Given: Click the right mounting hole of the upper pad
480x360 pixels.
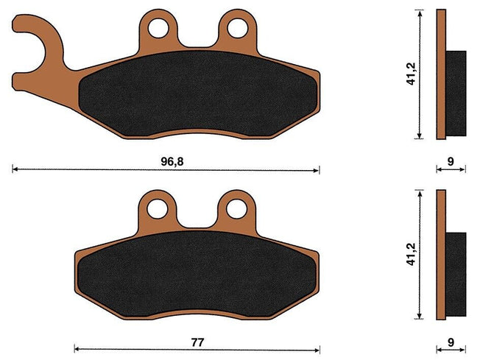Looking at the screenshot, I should coord(236,28).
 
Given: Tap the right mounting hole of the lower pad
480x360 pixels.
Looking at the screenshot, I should coord(236,209).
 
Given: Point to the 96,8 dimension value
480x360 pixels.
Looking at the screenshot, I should coord(173,160).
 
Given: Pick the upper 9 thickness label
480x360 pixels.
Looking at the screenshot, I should coord(450,160).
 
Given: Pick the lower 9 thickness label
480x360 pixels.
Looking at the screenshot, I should coord(450,342).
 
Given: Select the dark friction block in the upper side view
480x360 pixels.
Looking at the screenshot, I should coord(456,93).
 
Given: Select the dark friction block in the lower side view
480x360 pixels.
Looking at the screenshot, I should coord(456,274).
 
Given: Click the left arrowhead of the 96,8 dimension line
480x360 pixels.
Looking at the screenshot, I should coord(15,169).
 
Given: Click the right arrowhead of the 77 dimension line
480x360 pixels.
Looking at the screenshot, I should coord(317,350).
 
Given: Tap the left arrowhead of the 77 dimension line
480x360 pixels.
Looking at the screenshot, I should coord(78,350).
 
